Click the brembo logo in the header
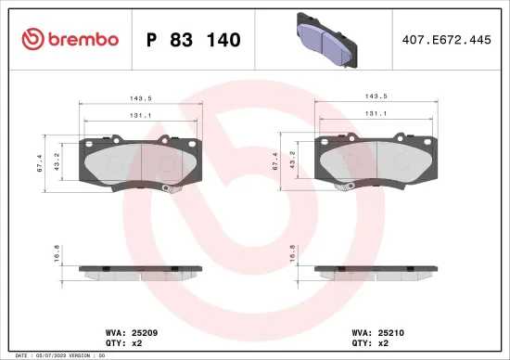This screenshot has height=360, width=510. coord(70,39)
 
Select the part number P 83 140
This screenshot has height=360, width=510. coord(194,40)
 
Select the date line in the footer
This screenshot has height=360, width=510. coord(56,355)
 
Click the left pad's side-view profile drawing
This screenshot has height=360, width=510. coord(141,270)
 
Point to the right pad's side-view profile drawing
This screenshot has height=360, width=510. coord(376,270)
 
